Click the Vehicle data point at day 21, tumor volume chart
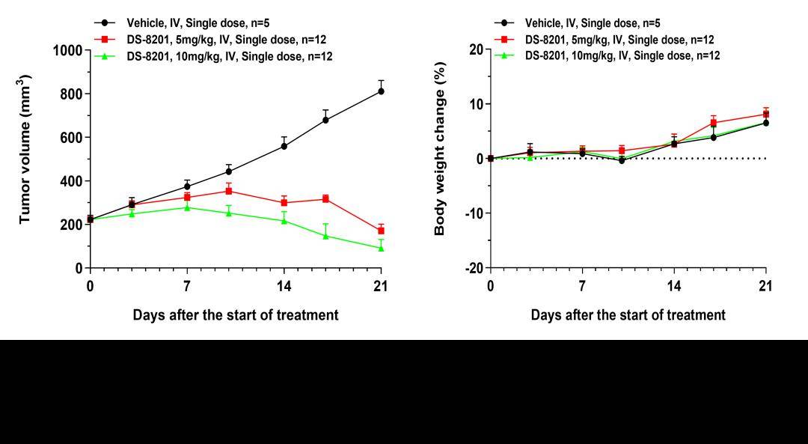click(x=381, y=91)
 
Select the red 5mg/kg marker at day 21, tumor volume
click(x=381, y=231)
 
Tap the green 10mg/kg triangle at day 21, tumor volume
click(x=381, y=248)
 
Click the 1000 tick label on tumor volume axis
click(x=67, y=50)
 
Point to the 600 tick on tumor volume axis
click(x=71, y=138)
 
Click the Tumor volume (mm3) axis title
click(x=25, y=148)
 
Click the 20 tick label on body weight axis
click(x=476, y=49)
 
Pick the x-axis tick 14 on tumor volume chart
click(x=284, y=286)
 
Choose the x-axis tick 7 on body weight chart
click(x=582, y=286)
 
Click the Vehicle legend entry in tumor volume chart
click(x=198, y=23)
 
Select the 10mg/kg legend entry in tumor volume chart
click(x=229, y=56)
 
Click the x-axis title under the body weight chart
click(x=628, y=315)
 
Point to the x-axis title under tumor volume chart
click(x=236, y=315)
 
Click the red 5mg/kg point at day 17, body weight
click(x=714, y=123)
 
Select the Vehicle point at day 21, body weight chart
click(x=765, y=123)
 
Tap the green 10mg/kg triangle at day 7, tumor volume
click(x=187, y=207)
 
